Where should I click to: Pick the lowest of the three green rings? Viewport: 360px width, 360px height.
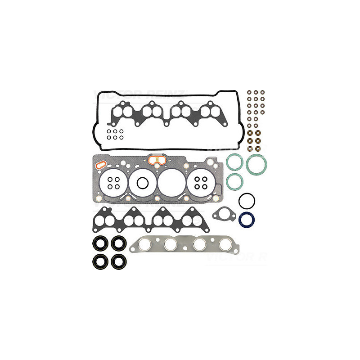click(x=235, y=181)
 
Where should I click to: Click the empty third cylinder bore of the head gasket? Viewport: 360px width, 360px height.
click(x=171, y=183)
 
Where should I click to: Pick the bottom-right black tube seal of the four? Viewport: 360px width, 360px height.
click(x=119, y=261)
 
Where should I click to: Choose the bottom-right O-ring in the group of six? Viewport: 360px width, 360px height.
click(x=121, y=137)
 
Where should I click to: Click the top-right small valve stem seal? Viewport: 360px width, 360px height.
click(x=262, y=93)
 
